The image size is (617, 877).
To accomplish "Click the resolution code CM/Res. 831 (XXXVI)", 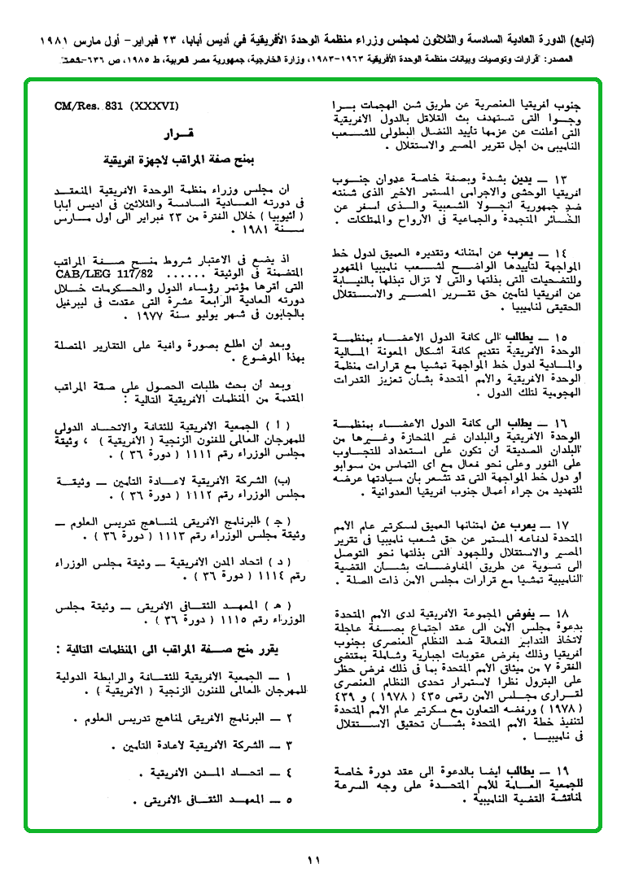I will tap(116, 107).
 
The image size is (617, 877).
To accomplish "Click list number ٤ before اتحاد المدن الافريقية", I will tap(290, 771).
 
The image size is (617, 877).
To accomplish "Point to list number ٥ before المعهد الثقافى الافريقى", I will tap(290, 801).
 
